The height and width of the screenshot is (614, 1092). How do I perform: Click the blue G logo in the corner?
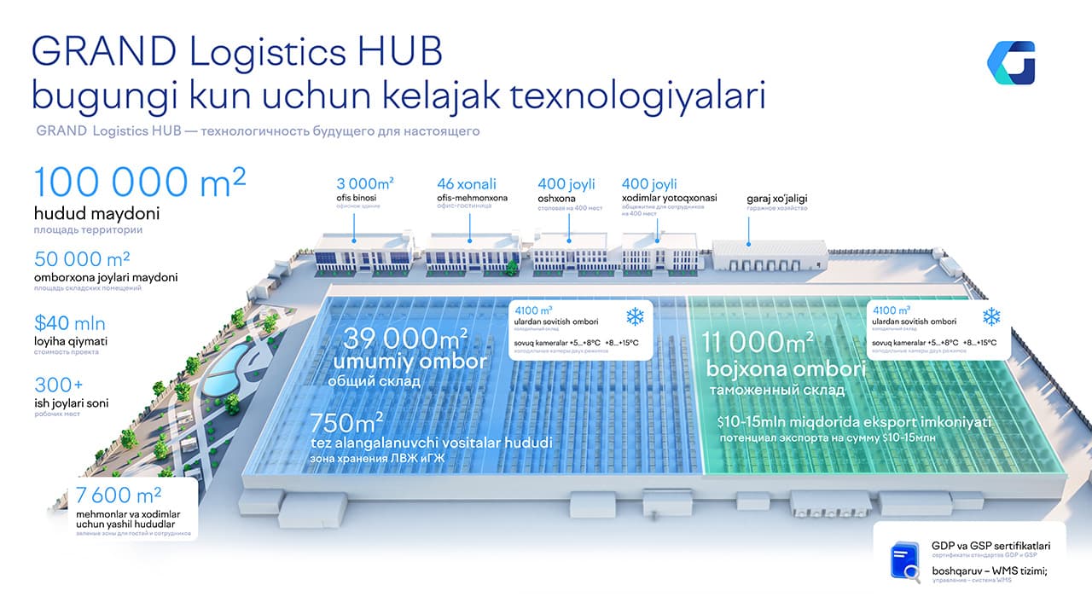(1011, 62)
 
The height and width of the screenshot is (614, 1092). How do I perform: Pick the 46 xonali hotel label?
(466, 184)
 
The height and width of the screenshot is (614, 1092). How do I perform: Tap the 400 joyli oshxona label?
(566, 184)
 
